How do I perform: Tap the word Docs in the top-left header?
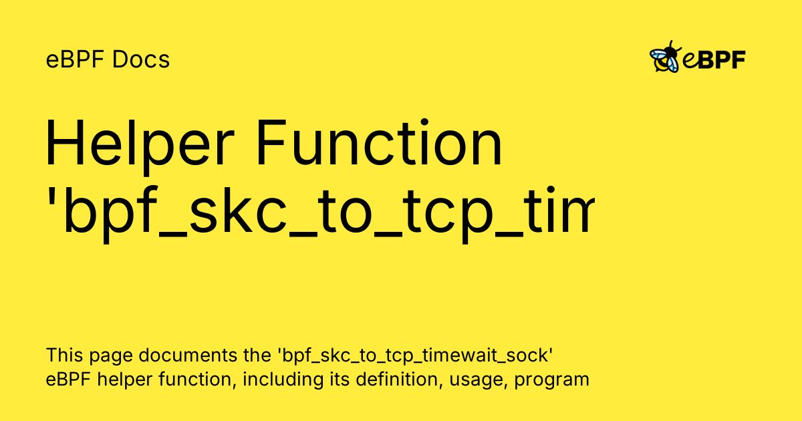click(x=141, y=60)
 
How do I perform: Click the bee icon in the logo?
click(x=666, y=57)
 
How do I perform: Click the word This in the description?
click(x=61, y=354)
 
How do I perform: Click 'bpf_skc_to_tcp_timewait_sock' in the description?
click(x=412, y=356)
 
